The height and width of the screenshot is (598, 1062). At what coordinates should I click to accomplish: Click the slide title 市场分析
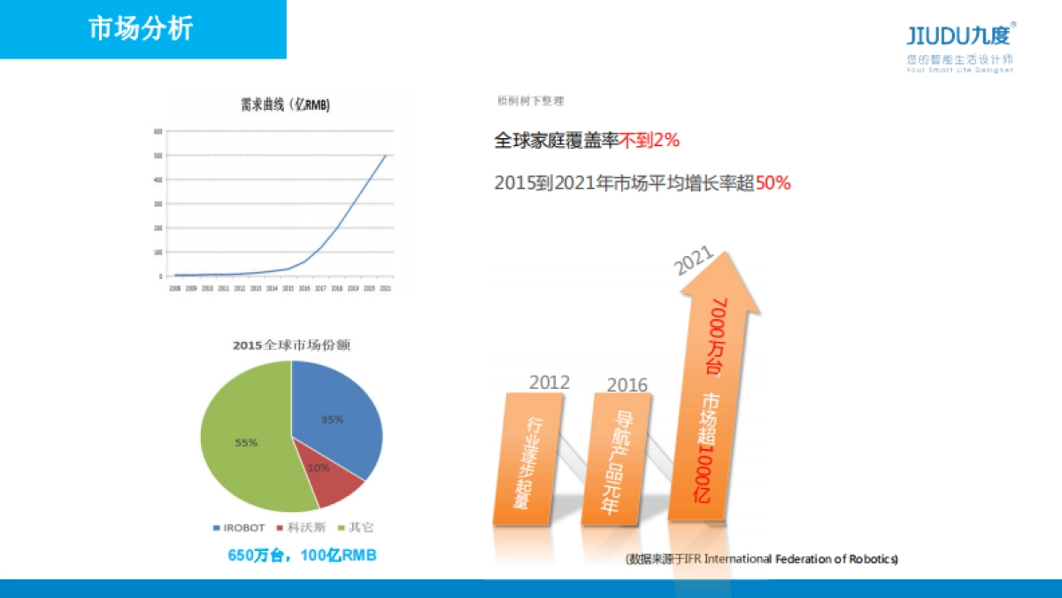141,28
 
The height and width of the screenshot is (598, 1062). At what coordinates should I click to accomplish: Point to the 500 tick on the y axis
158,156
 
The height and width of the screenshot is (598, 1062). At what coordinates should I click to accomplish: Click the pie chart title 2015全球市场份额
291,344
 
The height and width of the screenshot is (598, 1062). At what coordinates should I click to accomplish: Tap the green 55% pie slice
243,443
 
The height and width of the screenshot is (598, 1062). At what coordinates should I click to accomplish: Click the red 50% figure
773,183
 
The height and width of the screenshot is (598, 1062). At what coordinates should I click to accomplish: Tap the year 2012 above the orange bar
550,383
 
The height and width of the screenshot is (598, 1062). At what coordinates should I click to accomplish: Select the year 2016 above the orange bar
627,385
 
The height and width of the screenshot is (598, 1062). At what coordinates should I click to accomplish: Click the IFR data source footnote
762,559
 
